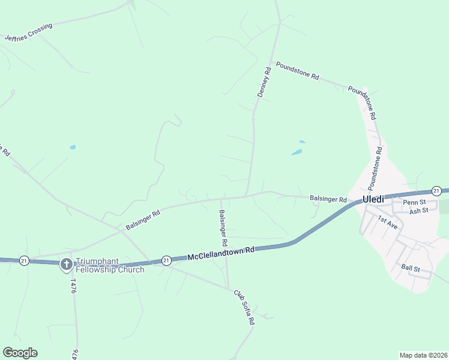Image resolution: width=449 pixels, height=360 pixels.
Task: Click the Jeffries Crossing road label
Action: coord(28,32)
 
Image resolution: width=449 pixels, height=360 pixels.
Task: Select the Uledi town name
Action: coord(372,199)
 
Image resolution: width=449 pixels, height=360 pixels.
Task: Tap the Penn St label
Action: coord(414,202)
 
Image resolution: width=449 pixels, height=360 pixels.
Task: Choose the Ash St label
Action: coord(418,211)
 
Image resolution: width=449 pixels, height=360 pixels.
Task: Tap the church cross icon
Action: coord(67,264)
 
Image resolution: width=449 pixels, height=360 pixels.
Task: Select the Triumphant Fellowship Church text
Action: coord(110,265)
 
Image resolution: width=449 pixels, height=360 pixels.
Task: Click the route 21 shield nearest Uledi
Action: coord(436,191)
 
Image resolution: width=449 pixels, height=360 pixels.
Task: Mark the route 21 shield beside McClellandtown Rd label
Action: coord(166,260)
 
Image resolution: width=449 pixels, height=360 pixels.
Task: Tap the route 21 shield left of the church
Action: coord(24,260)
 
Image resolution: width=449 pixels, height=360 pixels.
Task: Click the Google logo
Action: coord(20,353)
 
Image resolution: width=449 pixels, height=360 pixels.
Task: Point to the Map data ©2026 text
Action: coord(423,355)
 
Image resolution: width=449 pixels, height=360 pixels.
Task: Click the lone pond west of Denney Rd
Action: coord(73,147)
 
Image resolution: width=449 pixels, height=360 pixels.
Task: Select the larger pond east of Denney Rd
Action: coord(297,152)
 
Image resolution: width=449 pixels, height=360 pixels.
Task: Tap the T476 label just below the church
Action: coord(74,284)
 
